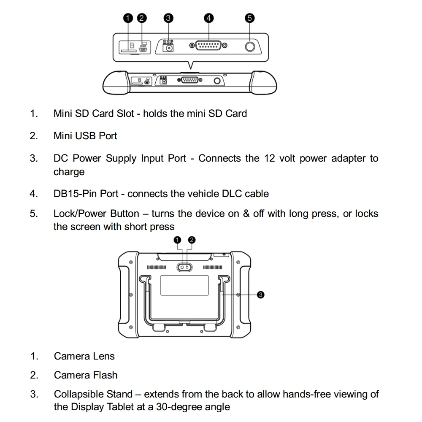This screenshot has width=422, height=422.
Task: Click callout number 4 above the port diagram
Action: click(208, 18)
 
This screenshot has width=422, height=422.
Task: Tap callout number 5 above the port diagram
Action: click(250, 18)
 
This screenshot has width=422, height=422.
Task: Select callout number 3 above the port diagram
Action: click(168, 18)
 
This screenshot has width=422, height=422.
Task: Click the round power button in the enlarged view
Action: click(250, 46)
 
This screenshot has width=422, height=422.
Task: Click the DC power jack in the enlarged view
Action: click(169, 48)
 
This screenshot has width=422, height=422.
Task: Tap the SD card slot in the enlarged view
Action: click(128, 50)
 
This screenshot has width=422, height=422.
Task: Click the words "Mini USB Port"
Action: click(85, 136)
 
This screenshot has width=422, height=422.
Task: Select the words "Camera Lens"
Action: click(84, 356)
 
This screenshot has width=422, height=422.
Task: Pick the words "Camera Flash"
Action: click(86, 375)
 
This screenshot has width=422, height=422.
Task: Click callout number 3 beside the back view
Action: click(260, 295)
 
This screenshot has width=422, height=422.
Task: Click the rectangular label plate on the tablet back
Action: click(184, 286)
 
